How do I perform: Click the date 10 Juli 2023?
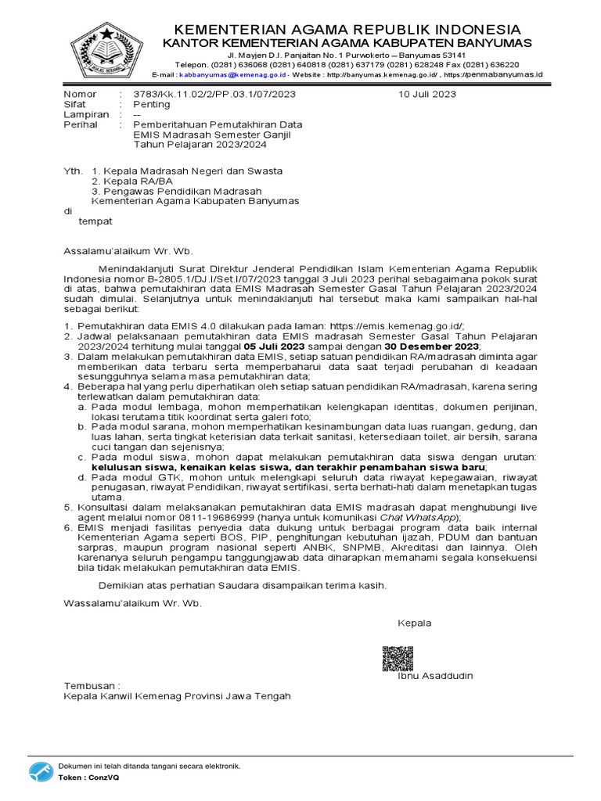pos(427,94)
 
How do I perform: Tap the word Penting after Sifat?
pos(151,104)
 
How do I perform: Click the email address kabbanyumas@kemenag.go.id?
pos(230,74)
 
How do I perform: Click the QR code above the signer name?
pos(397,659)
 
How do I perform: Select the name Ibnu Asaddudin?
pos(436,676)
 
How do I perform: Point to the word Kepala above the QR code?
pos(414,623)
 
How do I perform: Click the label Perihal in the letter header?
pos(80,124)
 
